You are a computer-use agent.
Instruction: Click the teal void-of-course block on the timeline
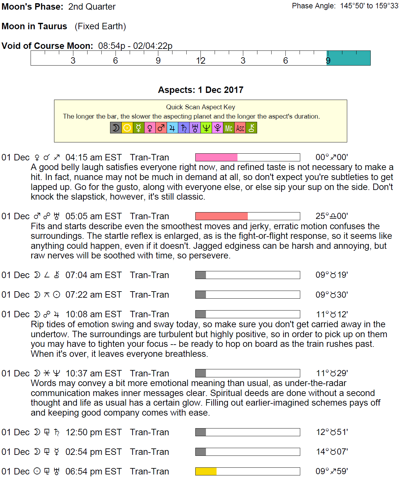(x=349, y=58)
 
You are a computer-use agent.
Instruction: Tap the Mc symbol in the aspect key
(x=229, y=128)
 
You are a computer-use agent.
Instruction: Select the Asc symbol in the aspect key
(x=240, y=128)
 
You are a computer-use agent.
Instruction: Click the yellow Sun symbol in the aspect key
(x=127, y=128)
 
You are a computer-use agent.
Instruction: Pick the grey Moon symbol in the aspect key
(x=116, y=128)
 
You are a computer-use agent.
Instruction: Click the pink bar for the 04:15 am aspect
(x=216, y=157)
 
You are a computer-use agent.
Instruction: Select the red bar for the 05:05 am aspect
(x=221, y=216)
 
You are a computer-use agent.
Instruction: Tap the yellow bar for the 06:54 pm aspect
(x=206, y=471)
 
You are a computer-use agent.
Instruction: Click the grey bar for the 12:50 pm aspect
(x=200, y=432)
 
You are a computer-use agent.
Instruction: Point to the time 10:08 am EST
(x=94, y=314)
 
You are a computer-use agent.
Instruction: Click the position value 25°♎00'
(x=331, y=216)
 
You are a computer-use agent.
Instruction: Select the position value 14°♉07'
(x=332, y=452)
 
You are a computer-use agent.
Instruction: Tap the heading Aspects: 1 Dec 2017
(x=200, y=90)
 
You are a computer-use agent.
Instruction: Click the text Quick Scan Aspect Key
(x=200, y=107)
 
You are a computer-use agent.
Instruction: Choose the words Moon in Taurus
(x=34, y=26)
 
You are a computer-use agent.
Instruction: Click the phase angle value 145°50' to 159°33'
(x=369, y=6)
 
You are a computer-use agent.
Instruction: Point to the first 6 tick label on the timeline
(x=116, y=60)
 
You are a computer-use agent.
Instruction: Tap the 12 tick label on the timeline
(x=200, y=60)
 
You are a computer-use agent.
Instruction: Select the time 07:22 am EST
(x=94, y=294)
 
